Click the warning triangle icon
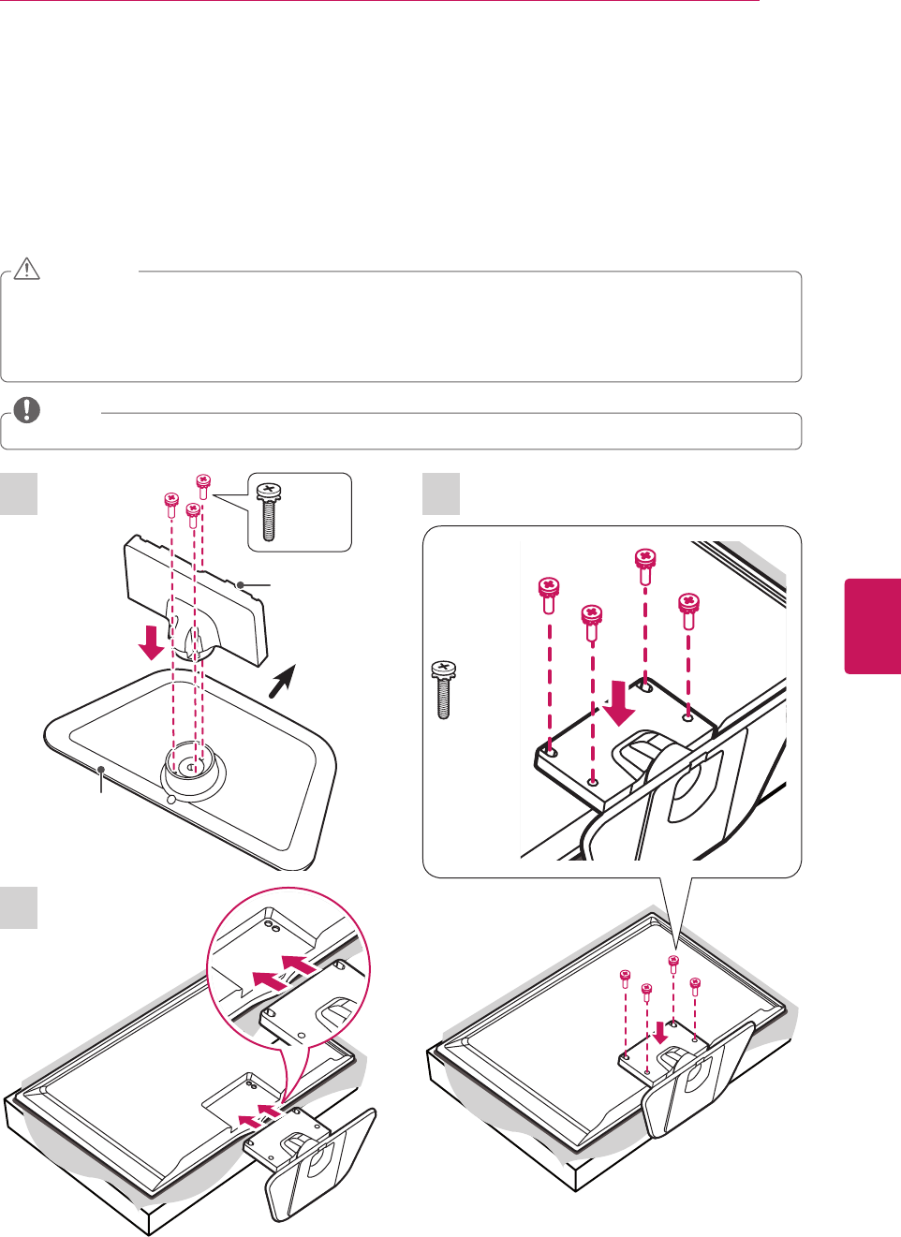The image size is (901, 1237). coord(27,270)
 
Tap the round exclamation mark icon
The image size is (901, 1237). coord(27,410)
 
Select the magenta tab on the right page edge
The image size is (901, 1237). coord(872,626)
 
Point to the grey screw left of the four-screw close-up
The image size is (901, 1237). coord(443,689)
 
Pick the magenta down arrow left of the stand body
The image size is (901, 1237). coord(150,642)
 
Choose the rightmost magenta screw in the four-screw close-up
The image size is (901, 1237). coord(689,608)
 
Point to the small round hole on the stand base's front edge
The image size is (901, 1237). coord(170,800)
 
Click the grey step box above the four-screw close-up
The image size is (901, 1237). coord(441,493)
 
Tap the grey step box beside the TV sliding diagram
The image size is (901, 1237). coord(19,908)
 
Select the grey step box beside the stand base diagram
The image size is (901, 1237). coord(19,493)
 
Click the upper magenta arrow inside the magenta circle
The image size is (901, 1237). coord(300,964)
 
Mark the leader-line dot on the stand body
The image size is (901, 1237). coord(241,584)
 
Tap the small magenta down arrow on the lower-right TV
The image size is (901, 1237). coord(661,1032)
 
